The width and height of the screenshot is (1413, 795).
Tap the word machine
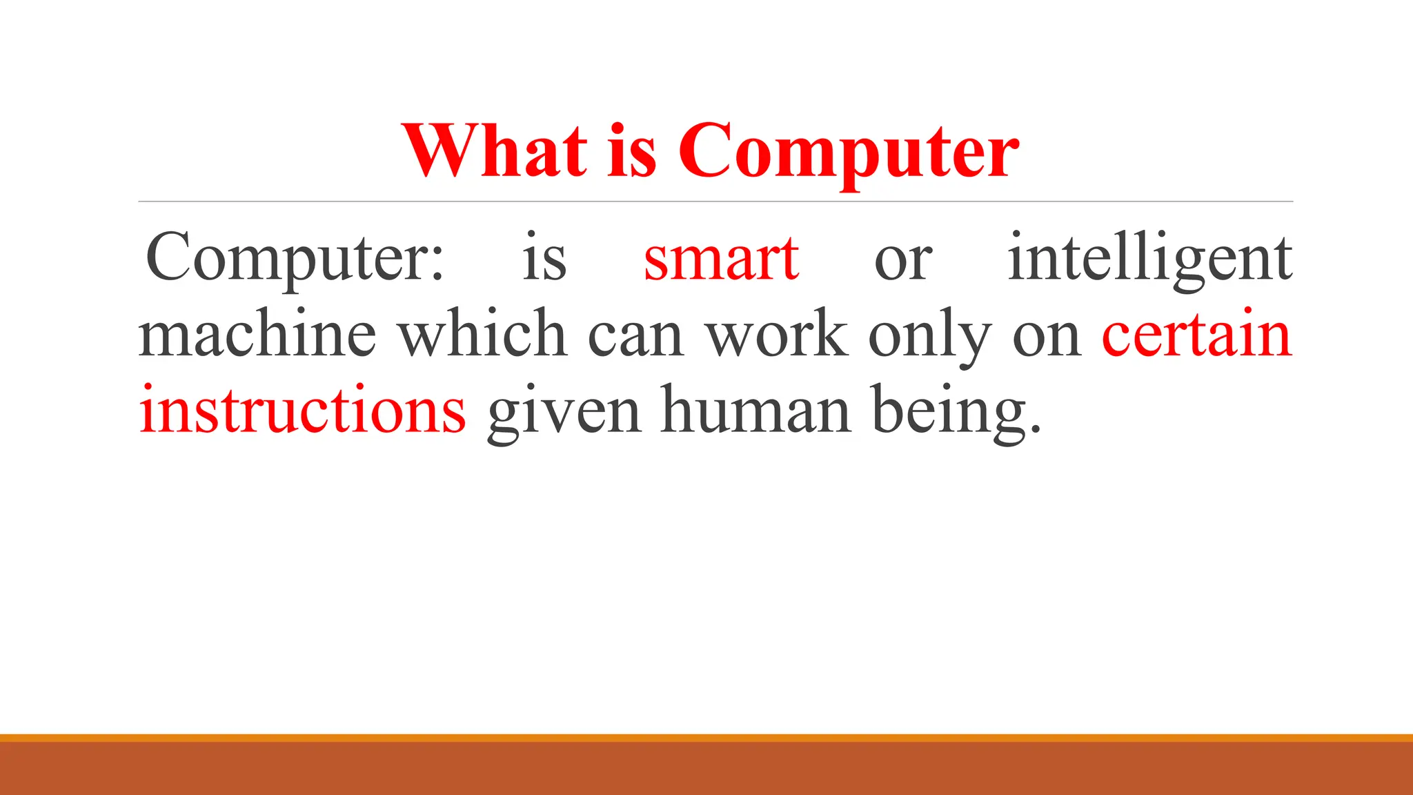[x=257, y=334]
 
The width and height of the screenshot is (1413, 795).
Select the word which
[x=482, y=334]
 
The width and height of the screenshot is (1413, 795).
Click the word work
[x=777, y=334]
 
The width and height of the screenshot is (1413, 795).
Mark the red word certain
[x=1196, y=334]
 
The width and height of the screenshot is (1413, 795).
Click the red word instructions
[x=302, y=410]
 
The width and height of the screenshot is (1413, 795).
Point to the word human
[x=756, y=410]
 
